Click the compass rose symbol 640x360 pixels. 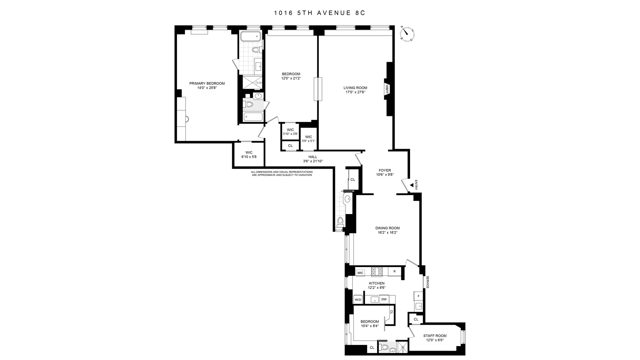coord(407,34)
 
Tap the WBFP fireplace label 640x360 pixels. coord(387,88)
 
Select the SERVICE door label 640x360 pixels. coord(427,282)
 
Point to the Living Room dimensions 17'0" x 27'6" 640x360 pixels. coord(355,92)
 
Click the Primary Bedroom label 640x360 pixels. coord(207,83)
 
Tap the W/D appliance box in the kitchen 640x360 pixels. coord(358,299)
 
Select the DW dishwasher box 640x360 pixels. coord(384,299)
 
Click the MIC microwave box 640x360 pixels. coord(360,273)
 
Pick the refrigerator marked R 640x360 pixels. coord(395,271)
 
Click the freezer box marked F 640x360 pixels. coord(418,296)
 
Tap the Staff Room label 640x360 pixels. coord(435,336)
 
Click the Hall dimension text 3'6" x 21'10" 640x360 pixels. coord(313,161)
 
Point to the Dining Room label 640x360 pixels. coord(387,228)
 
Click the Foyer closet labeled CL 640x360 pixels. coord(353,179)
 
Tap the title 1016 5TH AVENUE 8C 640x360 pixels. coord(320,13)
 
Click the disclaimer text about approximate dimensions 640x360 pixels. coord(282,173)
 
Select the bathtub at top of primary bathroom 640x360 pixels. coord(250,36)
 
